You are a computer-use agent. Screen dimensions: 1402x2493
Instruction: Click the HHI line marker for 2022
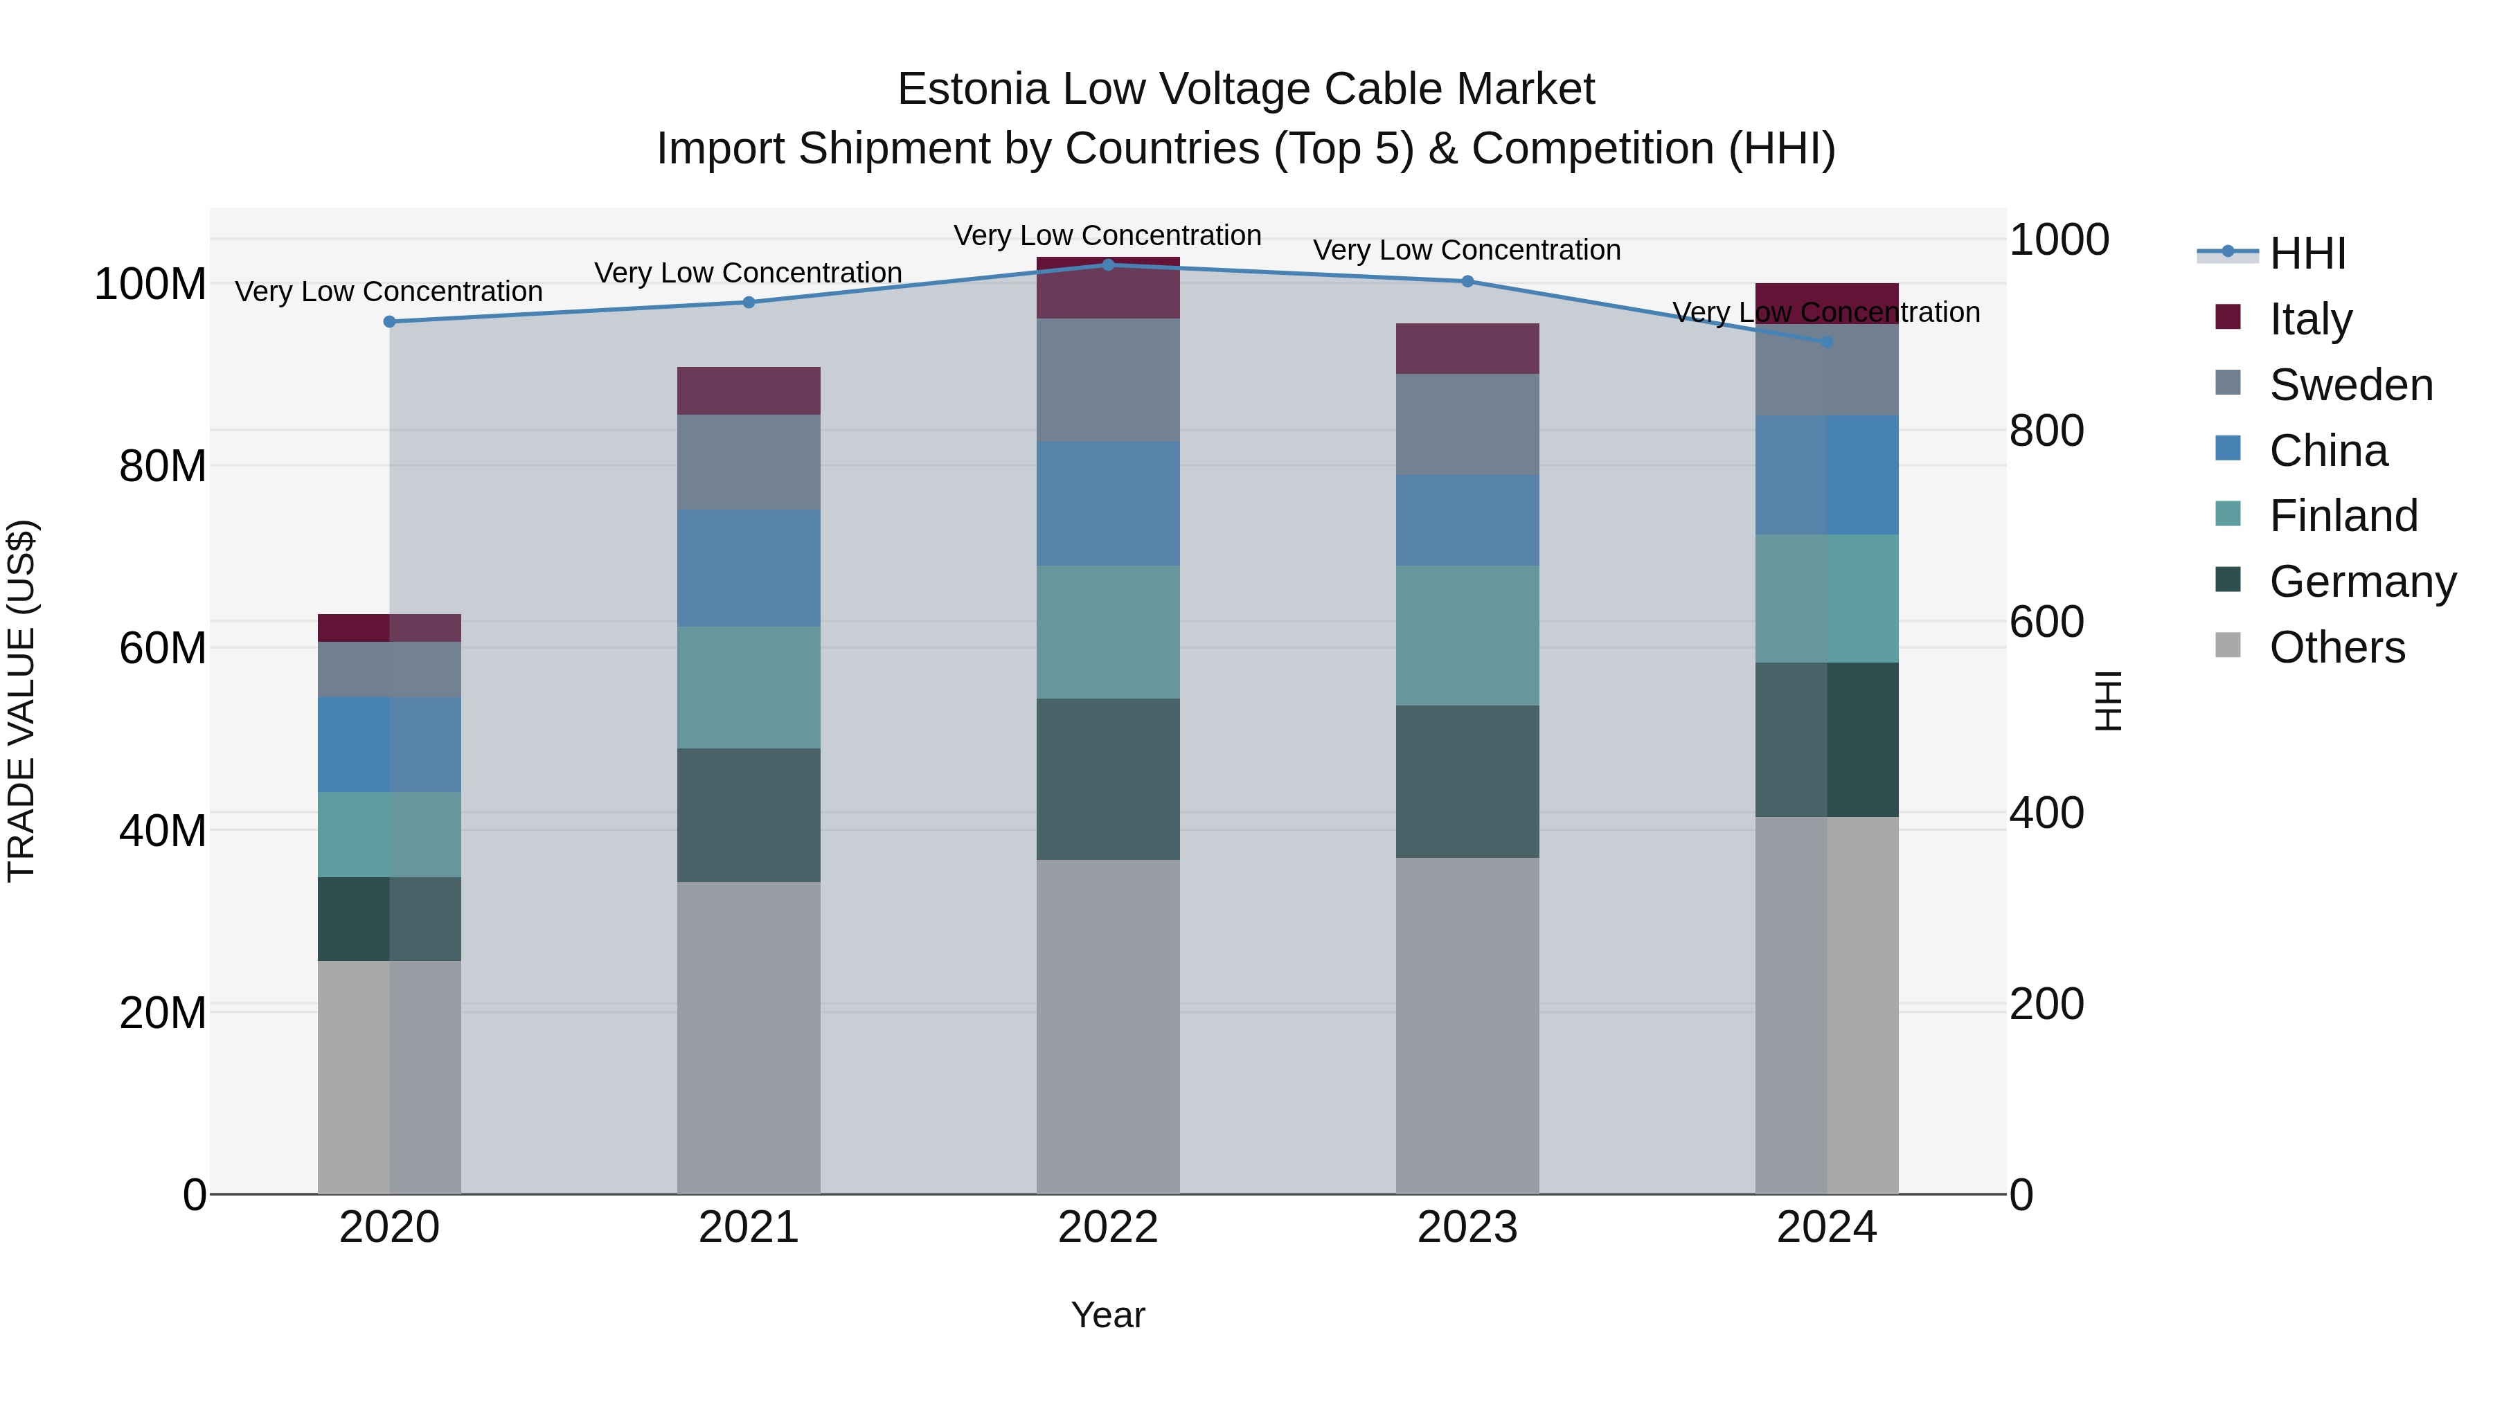click(x=1108, y=264)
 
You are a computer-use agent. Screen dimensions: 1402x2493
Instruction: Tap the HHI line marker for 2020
click(x=389, y=321)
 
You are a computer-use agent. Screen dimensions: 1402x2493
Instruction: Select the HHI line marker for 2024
click(x=1826, y=341)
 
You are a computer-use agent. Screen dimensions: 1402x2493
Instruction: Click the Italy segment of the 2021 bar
click(x=748, y=391)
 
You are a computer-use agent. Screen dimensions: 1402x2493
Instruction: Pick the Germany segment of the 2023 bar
click(x=1467, y=781)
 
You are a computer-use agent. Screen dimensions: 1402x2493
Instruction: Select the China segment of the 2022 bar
click(x=1108, y=503)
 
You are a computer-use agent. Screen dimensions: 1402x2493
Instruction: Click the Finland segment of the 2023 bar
click(x=1467, y=635)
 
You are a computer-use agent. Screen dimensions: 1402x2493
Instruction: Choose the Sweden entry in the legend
click(x=2350, y=385)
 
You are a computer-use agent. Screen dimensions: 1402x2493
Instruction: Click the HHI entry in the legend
click(x=2307, y=253)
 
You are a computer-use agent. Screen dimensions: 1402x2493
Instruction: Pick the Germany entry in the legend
click(x=2361, y=582)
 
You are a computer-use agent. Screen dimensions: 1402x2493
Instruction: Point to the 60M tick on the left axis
click(x=161, y=648)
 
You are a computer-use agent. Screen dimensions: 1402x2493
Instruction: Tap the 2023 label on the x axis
click(x=1467, y=1228)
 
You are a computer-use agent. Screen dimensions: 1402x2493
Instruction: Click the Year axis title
click(x=1108, y=1315)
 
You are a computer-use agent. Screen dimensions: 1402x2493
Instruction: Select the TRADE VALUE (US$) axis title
click(x=21, y=701)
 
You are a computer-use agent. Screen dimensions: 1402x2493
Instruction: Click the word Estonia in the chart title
click(x=973, y=89)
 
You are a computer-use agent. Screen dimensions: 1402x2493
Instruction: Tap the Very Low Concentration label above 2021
click(x=748, y=273)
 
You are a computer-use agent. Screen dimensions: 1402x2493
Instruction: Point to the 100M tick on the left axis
click(x=150, y=285)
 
